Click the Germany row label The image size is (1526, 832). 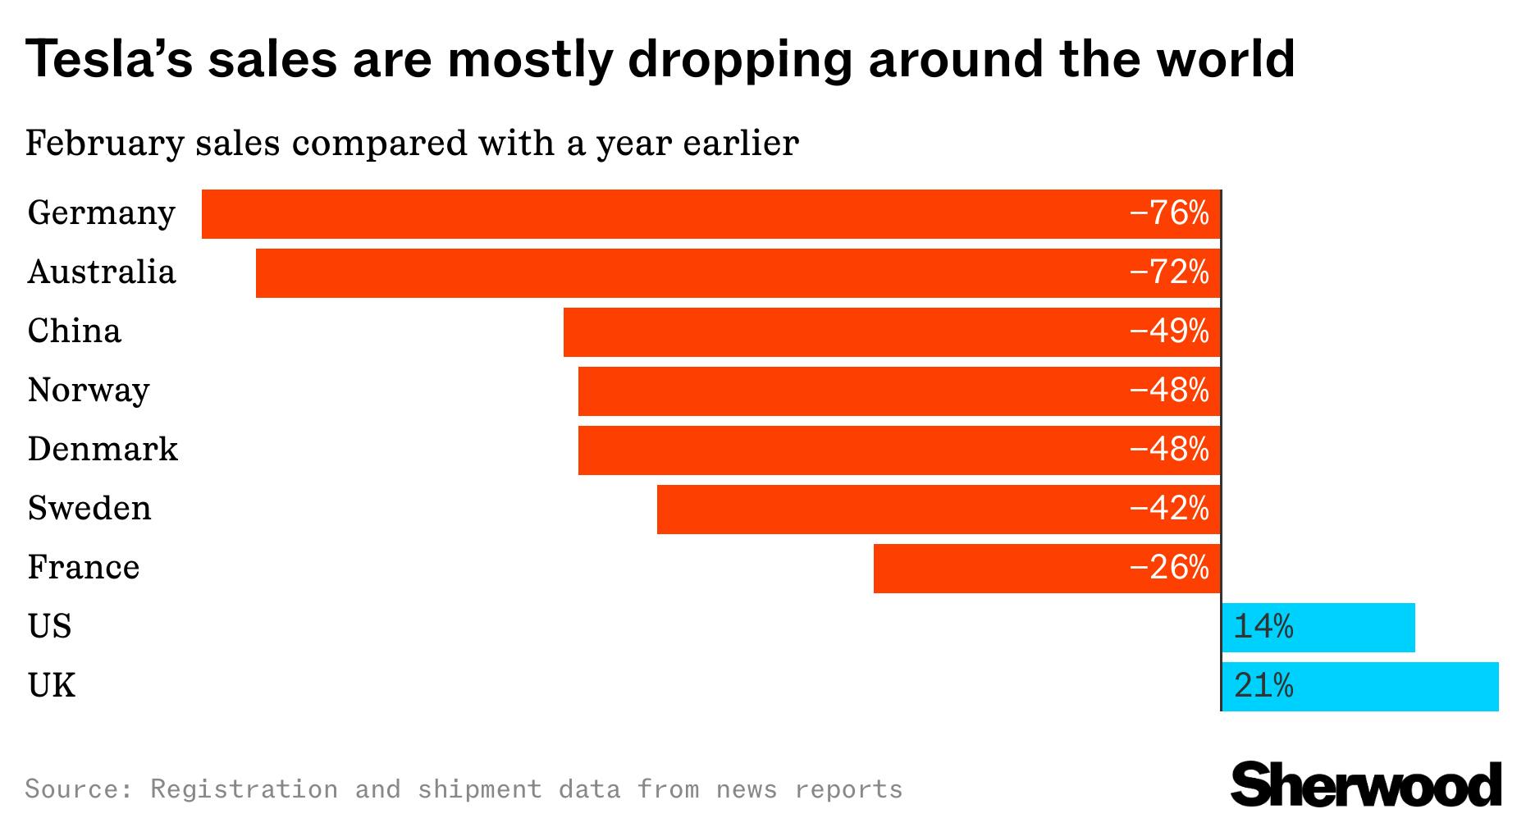(x=101, y=213)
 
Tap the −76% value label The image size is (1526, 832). (x=1169, y=213)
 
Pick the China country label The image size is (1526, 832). (x=74, y=331)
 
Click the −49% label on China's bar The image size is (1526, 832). (x=1169, y=331)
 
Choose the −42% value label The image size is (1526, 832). (x=1169, y=510)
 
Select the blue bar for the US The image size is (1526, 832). (x=1354, y=628)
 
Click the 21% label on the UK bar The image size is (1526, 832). (x=1263, y=686)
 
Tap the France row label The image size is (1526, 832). (x=83, y=568)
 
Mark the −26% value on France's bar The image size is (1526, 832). (x=1169, y=568)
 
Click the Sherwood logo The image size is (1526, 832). (x=1365, y=784)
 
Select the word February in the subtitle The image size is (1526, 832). (x=104, y=144)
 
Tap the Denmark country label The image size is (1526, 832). (x=103, y=450)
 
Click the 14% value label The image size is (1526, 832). (x=1263, y=628)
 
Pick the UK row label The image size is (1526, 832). (x=51, y=686)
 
